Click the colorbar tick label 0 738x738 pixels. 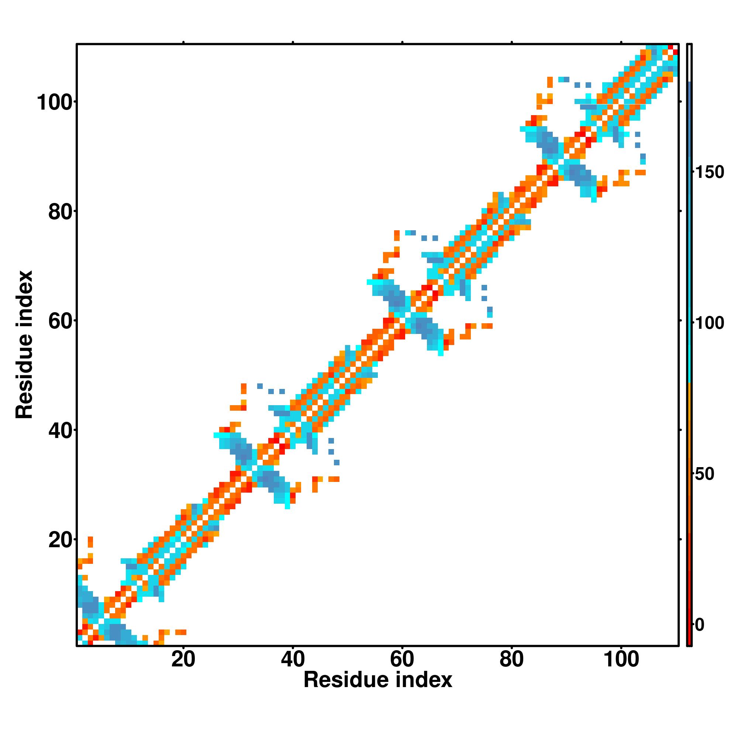(699, 625)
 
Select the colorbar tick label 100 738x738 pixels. (709, 324)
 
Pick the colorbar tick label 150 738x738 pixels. (709, 173)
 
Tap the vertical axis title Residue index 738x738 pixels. (24, 345)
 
